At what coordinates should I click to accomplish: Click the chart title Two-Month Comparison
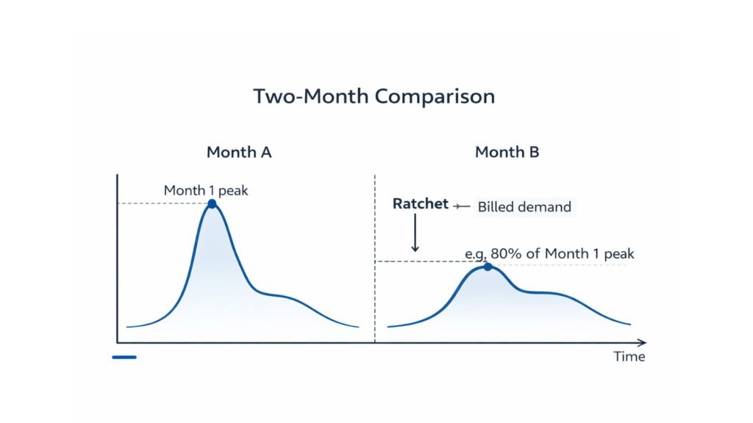(374, 96)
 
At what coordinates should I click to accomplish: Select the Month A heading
(239, 153)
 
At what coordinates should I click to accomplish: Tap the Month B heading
(507, 153)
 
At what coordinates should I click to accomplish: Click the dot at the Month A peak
(212, 203)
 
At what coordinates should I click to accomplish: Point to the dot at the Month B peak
(487, 267)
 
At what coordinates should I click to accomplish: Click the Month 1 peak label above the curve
(206, 191)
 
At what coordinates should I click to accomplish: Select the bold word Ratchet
(420, 204)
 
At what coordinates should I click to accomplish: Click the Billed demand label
(524, 207)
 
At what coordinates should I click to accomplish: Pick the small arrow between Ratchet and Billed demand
(462, 206)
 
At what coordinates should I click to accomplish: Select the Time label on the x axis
(629, 357)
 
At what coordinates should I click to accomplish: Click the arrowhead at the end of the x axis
(642, 342)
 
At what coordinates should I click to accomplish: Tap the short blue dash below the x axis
(124, 358)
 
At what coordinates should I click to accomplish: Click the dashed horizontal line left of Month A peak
(162, 203)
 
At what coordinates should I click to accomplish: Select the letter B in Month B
(533, 153)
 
